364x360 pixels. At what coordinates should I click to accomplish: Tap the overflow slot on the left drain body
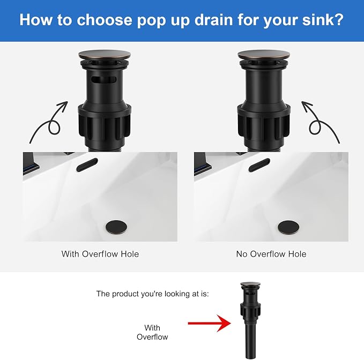103,80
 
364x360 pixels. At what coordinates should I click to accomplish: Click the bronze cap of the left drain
105,55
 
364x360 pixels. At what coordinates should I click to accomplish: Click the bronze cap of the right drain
264,55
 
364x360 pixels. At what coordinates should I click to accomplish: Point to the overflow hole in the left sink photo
87,165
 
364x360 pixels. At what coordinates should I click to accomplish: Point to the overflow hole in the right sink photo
259,165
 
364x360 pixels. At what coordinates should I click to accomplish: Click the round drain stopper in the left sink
116,227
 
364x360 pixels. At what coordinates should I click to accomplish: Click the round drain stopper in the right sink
288,227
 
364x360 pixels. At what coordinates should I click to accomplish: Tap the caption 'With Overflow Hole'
100,254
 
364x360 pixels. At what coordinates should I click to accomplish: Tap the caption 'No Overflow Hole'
271,254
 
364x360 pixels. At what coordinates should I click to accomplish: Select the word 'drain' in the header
213,20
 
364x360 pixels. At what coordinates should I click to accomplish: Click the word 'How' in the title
36,20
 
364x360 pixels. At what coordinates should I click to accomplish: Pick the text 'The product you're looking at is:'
153,294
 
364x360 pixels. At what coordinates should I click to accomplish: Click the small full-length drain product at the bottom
250,320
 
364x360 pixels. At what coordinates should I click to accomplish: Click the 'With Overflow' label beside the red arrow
152,332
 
